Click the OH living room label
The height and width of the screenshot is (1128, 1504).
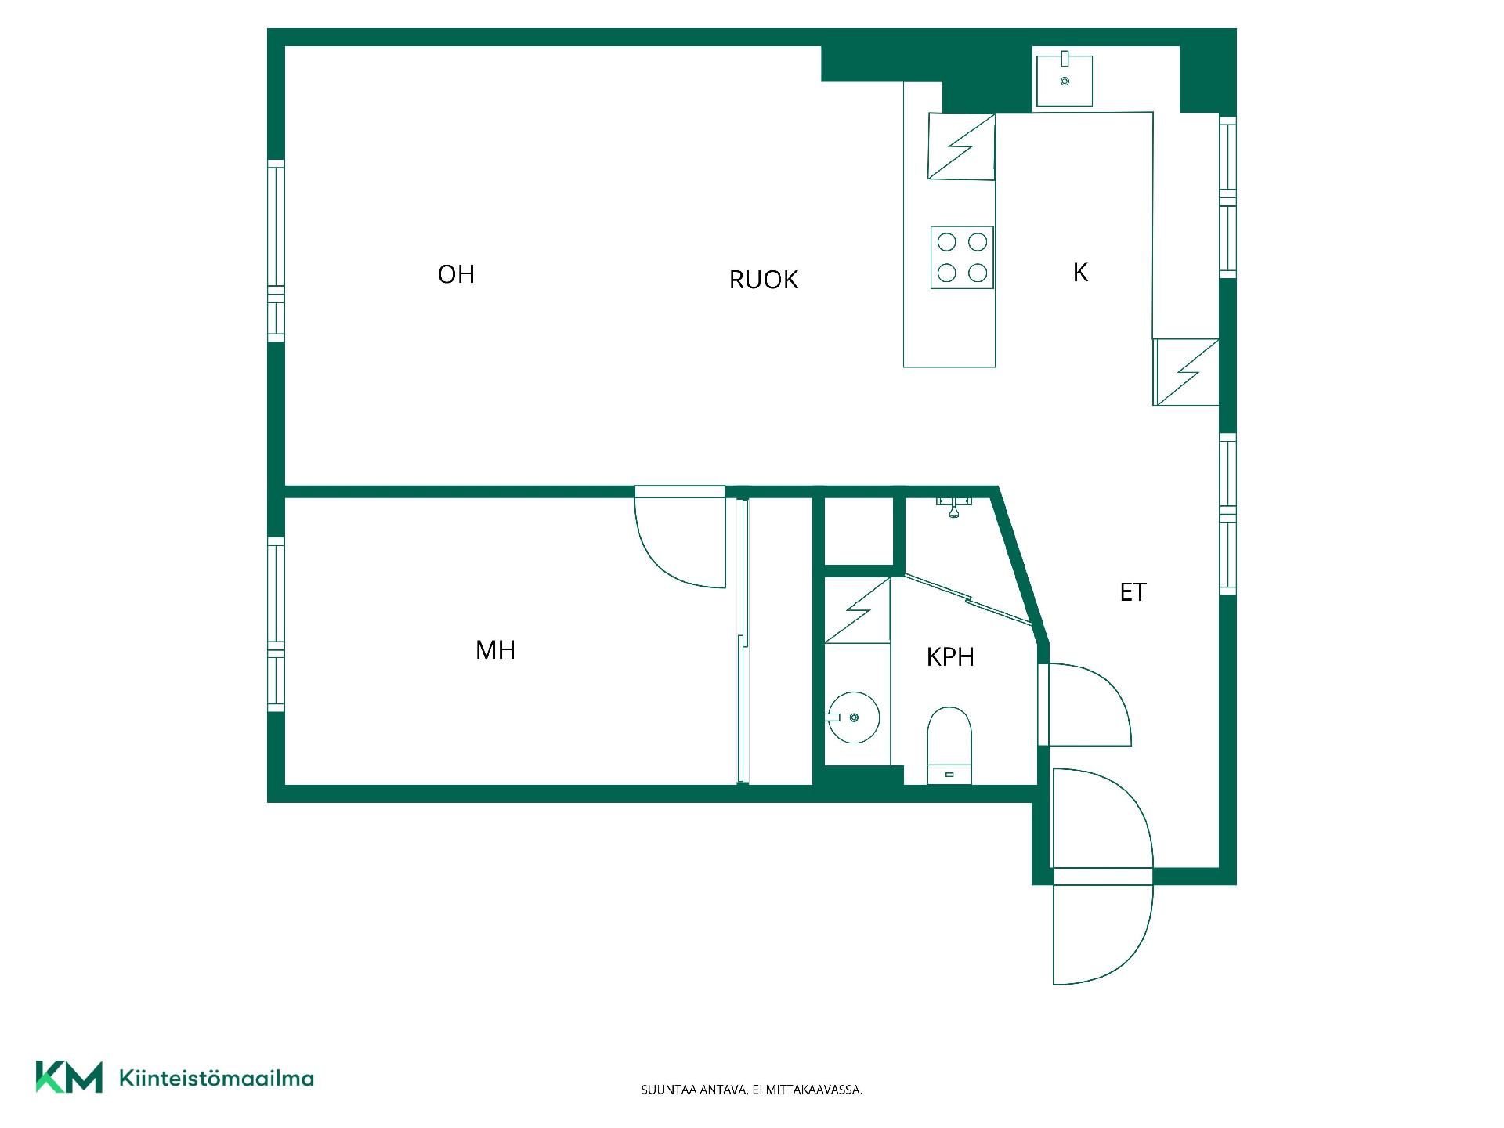[456, 274]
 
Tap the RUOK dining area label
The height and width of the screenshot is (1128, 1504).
[763, 280]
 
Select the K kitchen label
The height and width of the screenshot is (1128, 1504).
[1080, 272]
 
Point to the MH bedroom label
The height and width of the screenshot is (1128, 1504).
[495, 649]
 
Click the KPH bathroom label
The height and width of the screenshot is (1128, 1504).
[950, 656]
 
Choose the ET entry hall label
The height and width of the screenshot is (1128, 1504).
[1133, 592]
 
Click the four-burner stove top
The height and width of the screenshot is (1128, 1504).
[962, 258]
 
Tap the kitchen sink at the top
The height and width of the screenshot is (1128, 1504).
[1065, 78]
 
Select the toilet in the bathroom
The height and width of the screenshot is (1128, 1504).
[949, 745]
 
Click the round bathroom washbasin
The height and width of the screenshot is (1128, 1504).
[853, 717]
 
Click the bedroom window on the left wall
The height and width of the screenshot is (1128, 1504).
[276, 624]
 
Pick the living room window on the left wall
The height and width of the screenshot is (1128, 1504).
[276, 251]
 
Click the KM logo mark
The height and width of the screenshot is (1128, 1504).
[69, 1077]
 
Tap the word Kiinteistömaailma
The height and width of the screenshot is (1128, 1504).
[216, 1079]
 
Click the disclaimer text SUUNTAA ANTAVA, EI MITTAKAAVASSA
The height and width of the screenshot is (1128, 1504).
[751, 1090]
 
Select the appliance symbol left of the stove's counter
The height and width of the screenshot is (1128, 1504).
[961, 146]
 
